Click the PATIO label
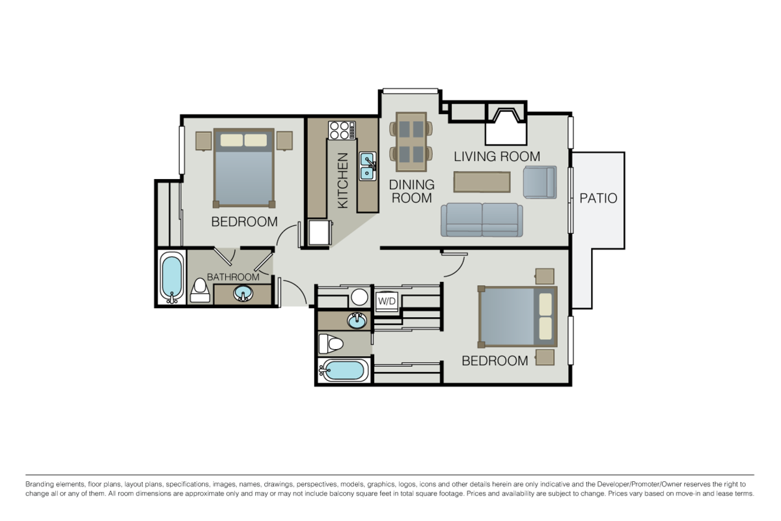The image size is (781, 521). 598,198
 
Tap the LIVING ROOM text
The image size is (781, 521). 497,156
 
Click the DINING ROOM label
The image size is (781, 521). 411,191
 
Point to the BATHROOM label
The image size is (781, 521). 233,277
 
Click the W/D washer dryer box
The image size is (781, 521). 387,301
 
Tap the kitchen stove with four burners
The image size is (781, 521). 341,131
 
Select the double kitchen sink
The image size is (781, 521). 368,165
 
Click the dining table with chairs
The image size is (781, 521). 411,137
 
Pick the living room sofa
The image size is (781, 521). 482,219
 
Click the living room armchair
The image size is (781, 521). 540,182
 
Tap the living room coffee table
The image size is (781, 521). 482,182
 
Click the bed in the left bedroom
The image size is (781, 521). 244,167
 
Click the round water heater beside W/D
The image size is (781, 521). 359,298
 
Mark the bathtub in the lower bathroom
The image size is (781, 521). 343,371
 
